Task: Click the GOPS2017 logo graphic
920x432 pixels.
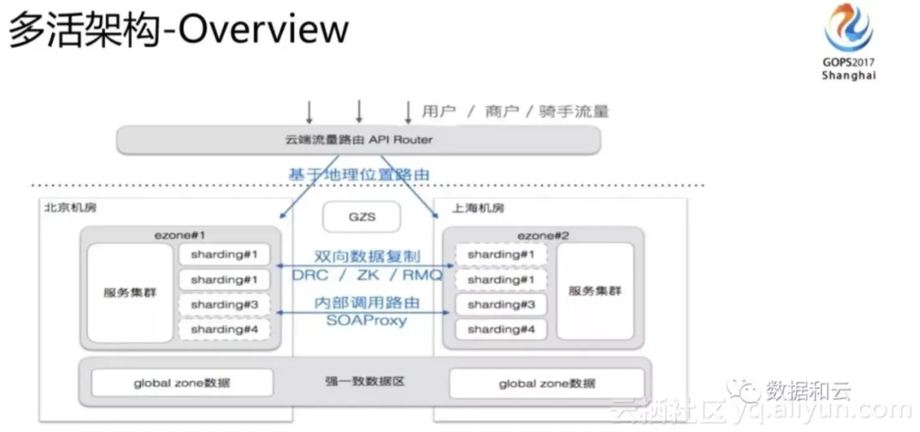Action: (x=848, y=29)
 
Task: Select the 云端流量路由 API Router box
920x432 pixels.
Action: (x=358, y=140)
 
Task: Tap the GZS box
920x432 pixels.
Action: (x=361, y=217)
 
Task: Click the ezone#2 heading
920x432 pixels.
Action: (x=543, y=234)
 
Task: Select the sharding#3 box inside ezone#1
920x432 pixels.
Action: (x=224, y=305)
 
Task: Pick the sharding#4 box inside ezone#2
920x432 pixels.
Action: (x=501, y=330)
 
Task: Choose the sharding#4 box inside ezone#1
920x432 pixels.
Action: (x=224, y=330)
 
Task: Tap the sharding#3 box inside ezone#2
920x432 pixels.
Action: (x=501, y=305)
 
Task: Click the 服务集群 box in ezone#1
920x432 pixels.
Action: (x=129, y=293)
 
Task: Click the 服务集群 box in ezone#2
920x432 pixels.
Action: (x=595, y=292)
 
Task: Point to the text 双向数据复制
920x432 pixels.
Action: (x=367, y=256)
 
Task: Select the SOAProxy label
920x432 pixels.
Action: (x=367, y=321)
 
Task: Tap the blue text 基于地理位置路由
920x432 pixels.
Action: (x=359, y=175)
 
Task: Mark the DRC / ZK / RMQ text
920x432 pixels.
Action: (x=367, y=275)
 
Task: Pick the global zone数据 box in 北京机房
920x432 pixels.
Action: (x=182, y=383)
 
